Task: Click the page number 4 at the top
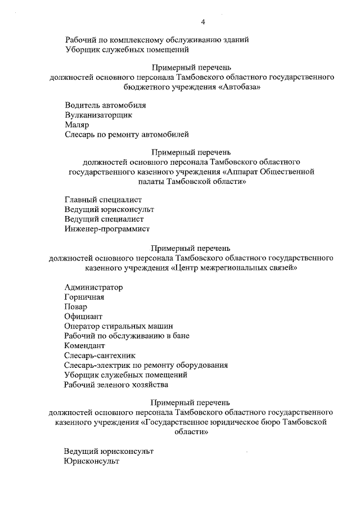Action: [x=202, y=22]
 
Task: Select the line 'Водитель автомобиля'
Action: [x=105, y=105]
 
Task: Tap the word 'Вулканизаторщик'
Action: [x=98, y=115]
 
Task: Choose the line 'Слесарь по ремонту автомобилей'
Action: [x=127, y=134]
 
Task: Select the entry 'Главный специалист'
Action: [x=103, y=200]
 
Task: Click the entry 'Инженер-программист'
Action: [x=107, y=228]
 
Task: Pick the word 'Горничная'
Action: [x=84, y=297]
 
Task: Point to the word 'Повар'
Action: [x=76, y=307]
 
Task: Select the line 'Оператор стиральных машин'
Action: [x=118, y=326]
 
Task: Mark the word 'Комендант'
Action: [x=85, y=346]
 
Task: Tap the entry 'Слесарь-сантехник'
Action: [x=100, y=355]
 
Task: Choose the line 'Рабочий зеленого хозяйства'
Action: [x=116, y=385]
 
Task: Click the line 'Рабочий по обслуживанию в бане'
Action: [x=127, y=336]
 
